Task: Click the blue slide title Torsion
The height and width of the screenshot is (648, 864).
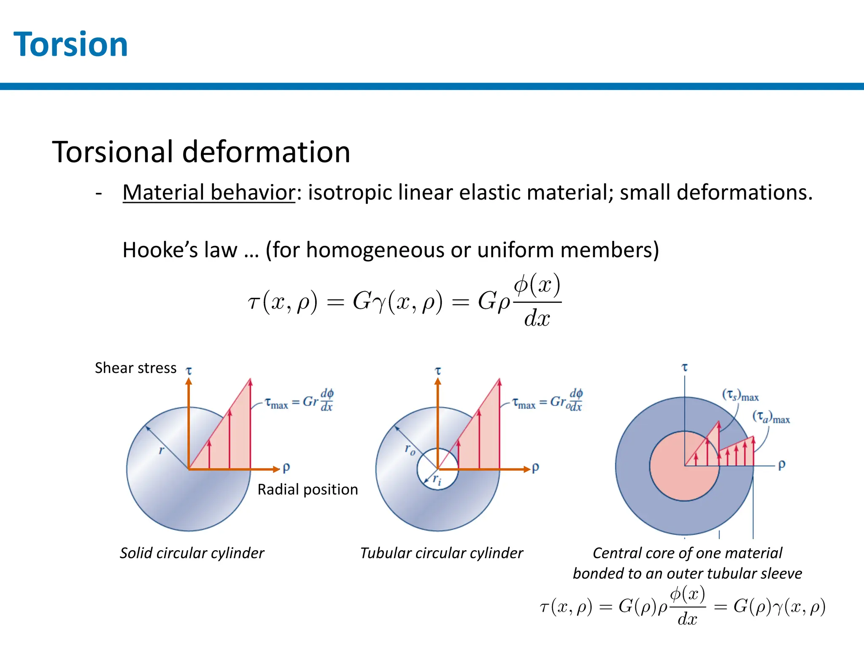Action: pos(70,44)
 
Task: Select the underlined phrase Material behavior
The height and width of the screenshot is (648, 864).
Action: pos(209,192)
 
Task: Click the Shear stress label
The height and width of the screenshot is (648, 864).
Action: pos(135,368)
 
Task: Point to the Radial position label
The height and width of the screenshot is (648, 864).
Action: pos(308,489)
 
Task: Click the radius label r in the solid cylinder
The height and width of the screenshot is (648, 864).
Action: pos(161,450)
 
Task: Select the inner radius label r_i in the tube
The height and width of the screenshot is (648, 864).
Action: pos(437,480)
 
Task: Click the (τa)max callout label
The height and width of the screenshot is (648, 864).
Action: pos(771,417)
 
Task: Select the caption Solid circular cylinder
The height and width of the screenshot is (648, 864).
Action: pos(192,553)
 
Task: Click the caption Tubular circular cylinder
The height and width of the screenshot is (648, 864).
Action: pos(441,553)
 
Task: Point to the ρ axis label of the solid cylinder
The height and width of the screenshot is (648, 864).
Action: pos(286,467)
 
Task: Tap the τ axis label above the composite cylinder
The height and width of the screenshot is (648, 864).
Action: pos(685,367)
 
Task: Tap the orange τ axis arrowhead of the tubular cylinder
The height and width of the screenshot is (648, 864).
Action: pos(438,381)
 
